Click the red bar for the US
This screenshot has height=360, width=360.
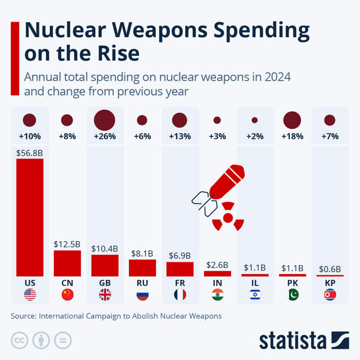[30, 217]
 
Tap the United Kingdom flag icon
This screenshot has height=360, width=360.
[105, 295]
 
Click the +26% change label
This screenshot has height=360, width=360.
[105, 137]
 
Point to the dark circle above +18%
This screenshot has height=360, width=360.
[292, 120]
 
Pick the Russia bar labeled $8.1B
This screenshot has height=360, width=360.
[142, 268]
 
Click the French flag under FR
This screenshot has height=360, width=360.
[179, 295]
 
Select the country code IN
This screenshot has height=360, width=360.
[217, 283]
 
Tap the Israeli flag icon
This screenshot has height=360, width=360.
[254, 295]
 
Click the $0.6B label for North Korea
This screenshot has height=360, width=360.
[329, 269]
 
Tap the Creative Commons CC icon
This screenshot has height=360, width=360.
[20, 340]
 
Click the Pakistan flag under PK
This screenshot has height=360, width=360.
[292, 295]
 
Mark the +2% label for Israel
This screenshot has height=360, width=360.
[254, 137]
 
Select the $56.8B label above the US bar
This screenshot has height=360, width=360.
[30, 152]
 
